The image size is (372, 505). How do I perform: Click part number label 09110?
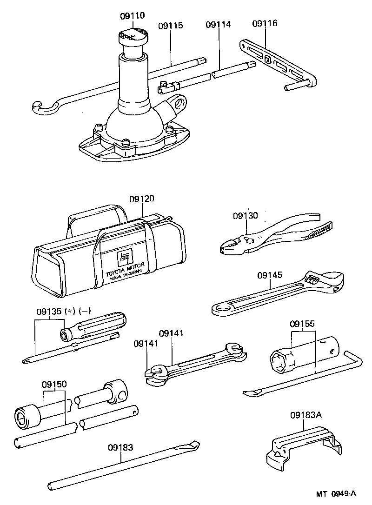pyautogui.click(x=133, y=16)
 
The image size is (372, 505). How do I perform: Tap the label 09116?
pyautogui.click(x=265, y=24)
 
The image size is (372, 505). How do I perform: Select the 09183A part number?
pyautogui.click(x=306, y=415)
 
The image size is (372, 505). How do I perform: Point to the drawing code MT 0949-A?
pyautogui.click(x=336, y=494)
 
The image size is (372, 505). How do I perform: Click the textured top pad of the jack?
pyautogui.click(x=133, y=34)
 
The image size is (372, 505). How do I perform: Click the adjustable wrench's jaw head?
pyautogui.click(x=325, y=281)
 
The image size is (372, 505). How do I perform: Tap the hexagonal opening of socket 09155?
pyautogui.click(x=279, y=362)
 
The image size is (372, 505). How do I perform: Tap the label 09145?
pyautogui.click(x=270, y=275)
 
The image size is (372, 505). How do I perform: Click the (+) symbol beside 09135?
pyautogui.click(x=70, y=311)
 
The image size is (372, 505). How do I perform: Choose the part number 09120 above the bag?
pyautogui.click(x=142, y=199)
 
